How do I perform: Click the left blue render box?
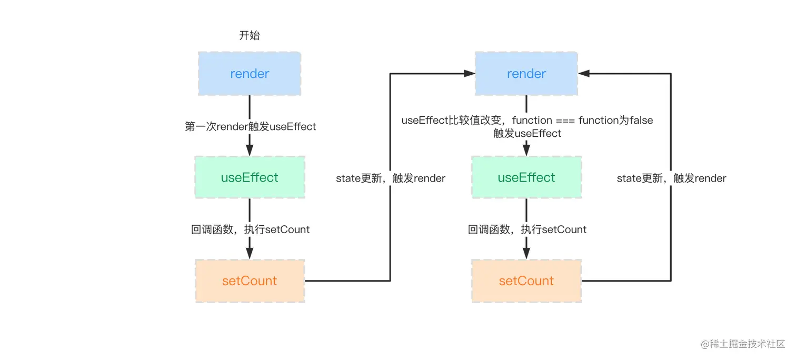250,74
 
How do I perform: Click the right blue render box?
526,74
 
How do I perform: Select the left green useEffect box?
250,177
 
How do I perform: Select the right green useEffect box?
526,177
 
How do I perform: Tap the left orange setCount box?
250,281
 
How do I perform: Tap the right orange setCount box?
526,281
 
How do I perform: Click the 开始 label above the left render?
250,36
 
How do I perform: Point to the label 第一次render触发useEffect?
251,127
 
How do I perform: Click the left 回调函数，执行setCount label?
251,229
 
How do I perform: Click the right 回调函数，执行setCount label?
527,229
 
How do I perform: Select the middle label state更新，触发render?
391,178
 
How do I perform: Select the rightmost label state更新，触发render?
671,178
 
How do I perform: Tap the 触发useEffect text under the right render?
527,134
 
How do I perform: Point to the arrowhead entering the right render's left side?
470,74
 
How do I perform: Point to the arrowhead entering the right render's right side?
584,74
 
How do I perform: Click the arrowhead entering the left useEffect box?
250,150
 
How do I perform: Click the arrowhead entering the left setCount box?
250,253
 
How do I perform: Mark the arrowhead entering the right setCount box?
526,253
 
